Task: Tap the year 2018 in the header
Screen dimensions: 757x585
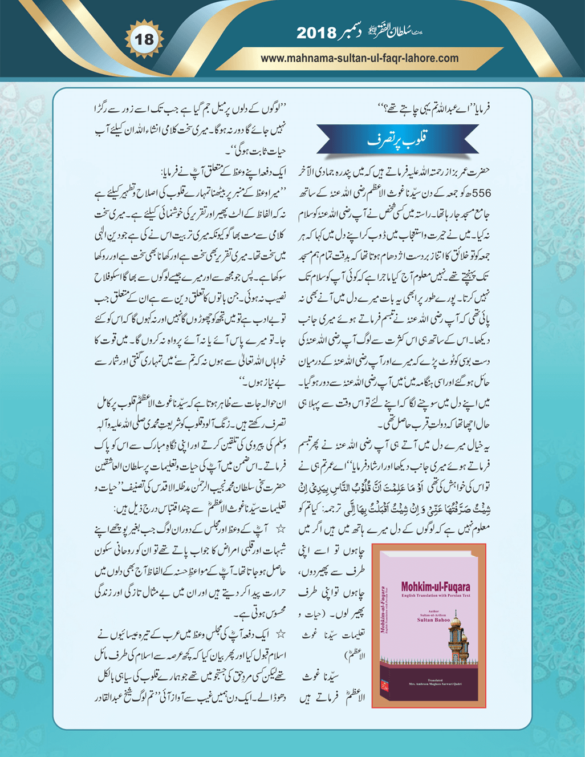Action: pyautogui.click(x=316, y=33)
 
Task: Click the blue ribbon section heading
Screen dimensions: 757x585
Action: pyautogui.click(x=397, y=139)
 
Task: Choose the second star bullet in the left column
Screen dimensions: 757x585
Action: pyautogui.click(x=280, y=634)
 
